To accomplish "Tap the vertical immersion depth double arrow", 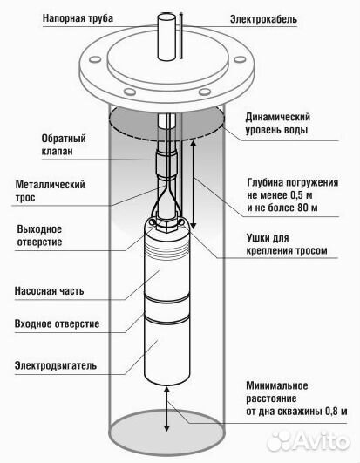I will tap(193, 174).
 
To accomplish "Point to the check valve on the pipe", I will tap(166, 163).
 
